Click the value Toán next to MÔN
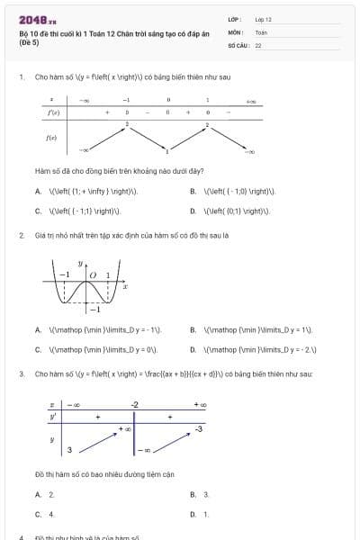[x=261, y=31]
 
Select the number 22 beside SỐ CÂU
[x=258, y=44]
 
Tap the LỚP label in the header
[x=233, y=19]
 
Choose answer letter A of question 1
[x=38, y=192]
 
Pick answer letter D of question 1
[x=193, y=211]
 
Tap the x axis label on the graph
[x=125, y=287]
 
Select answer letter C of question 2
[x=38, y=349]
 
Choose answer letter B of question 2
[x=193, y=330]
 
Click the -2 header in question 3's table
[x=135, y=404]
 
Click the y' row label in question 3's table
[x=52, y=417]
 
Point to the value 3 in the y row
[x=69, y=449]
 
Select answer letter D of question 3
[x=193, y=514]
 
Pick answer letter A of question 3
[x=38, y=495]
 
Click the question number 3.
[x=21, y=373]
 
